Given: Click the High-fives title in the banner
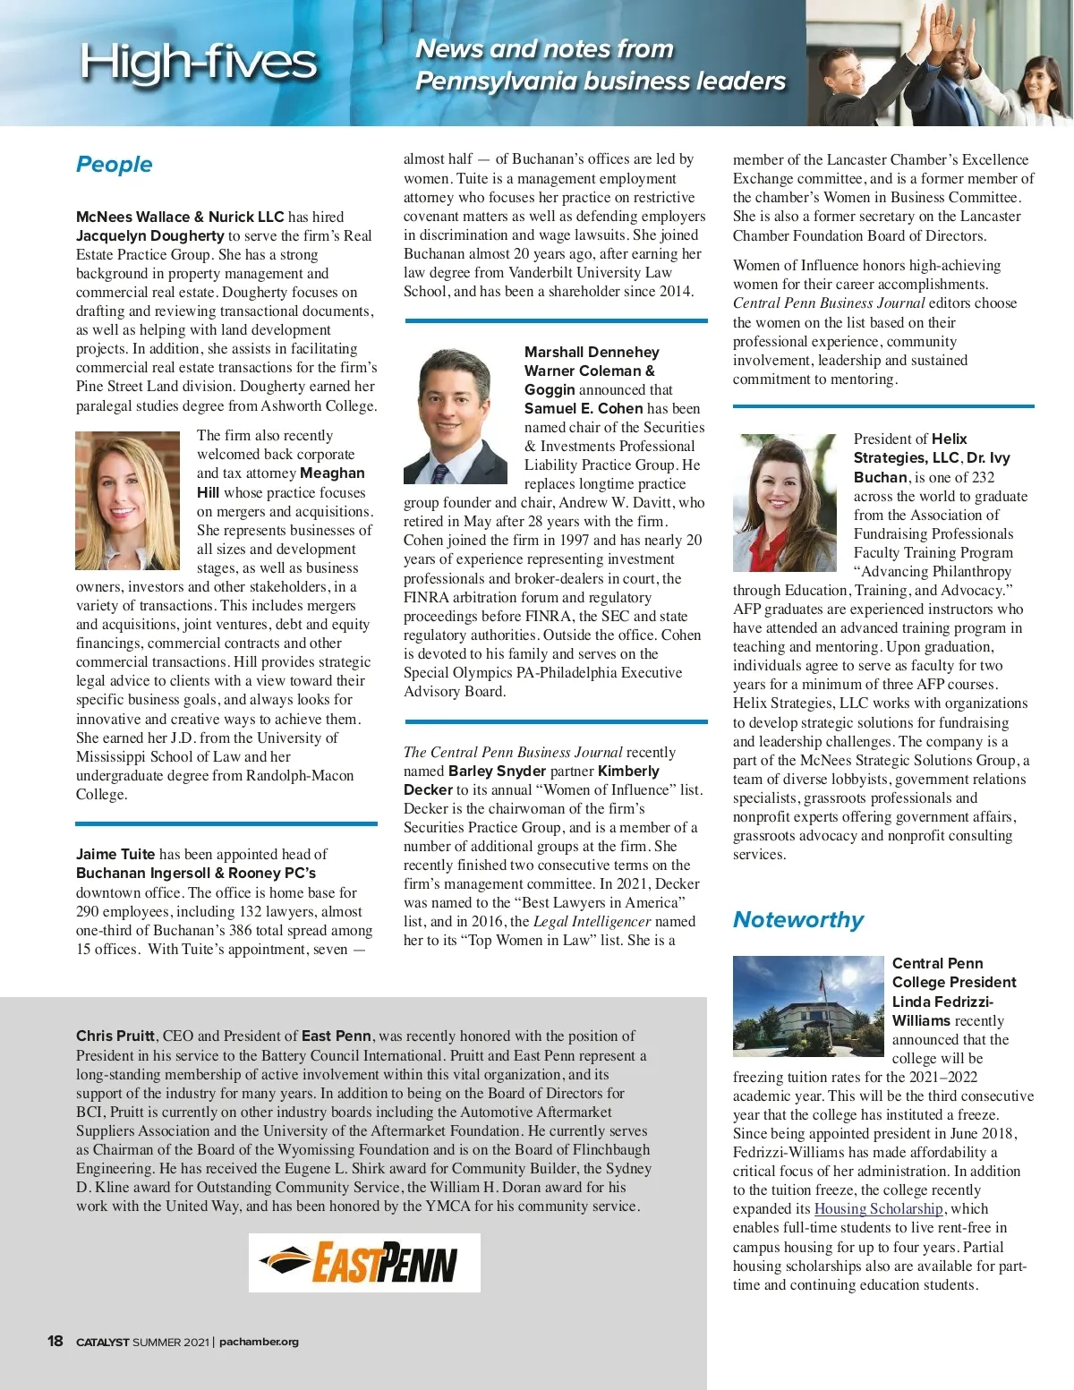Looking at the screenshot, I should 198,62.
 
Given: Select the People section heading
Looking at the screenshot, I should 114,164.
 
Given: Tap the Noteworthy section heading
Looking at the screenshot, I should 797,919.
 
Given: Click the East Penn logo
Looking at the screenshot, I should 364,1262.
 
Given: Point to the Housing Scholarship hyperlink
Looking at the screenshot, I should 878,1208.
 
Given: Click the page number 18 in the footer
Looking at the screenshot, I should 55,1341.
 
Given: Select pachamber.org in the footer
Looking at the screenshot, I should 259,1341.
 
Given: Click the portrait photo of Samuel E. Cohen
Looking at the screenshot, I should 456,415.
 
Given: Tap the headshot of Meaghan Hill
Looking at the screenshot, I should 127,500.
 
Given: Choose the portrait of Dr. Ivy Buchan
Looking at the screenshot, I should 784,502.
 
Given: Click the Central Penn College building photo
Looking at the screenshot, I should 807,1005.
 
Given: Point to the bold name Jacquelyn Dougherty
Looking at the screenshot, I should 149,235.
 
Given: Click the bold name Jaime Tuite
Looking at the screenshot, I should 115,854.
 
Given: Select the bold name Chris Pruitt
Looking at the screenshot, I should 115,1036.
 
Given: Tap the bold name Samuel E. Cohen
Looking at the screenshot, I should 584,408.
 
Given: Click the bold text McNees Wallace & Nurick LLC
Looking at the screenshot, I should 179,217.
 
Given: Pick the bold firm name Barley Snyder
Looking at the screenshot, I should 497,771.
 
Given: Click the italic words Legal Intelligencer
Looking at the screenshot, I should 592,921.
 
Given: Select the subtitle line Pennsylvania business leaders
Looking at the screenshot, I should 600,81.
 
